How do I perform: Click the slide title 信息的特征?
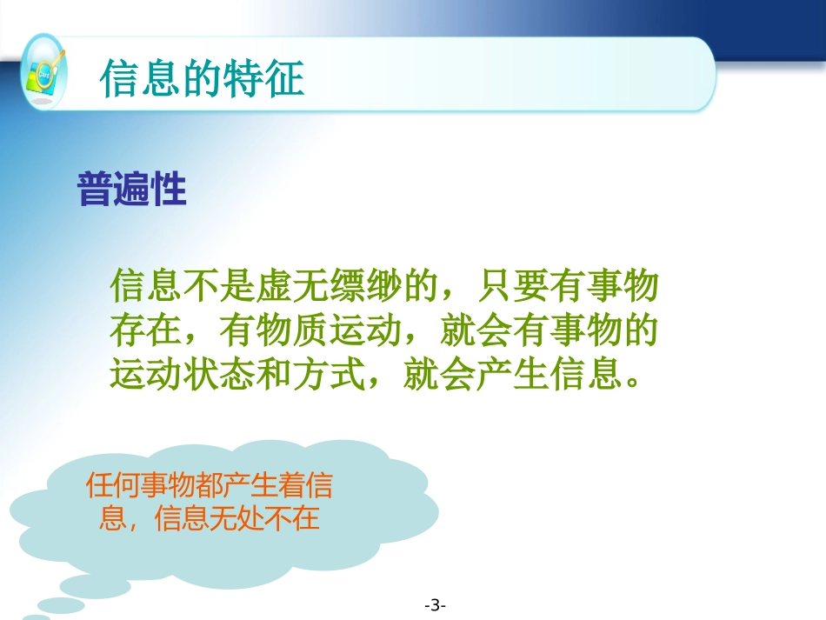pyautogui.click(x=202, y=79)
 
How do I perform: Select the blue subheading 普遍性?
pyautogui.click(x=132, y=189)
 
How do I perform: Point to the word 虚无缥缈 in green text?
pyautogui.click(x=330, y=284)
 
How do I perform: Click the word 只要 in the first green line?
pyautogui.click(x=512, y=284)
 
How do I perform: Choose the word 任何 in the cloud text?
pyautogui.click(x=113, y=486)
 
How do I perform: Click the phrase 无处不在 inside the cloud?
pyautogui.click(x=264, y=520)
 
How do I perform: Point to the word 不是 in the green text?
pyautogui.click(x=221, y=284)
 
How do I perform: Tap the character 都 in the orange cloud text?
pyautogui.click(x=210, y=486)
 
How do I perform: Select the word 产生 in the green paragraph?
pyautogui.click(x=511, y=376)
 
